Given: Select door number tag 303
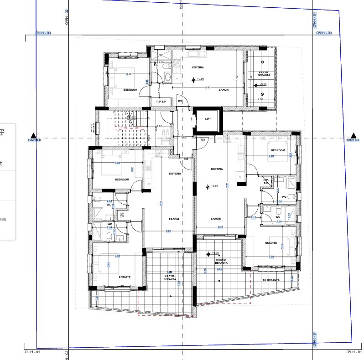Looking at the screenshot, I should point(180,101).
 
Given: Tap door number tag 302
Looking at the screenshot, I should point(202,140).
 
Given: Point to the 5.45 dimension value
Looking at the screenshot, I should point(208,87).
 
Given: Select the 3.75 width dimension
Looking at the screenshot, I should point(220,227).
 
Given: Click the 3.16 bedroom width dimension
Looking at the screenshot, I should point(129,74).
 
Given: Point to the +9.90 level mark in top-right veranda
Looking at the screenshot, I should point(262,84).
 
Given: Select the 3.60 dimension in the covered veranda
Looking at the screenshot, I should point(219,269).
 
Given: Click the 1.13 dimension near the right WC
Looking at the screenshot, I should point(253,217).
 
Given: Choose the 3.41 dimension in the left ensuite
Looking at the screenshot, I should point(108,264).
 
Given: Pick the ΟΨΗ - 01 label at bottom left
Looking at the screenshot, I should point(33,352).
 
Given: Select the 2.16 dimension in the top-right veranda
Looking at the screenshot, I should point(260,99).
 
